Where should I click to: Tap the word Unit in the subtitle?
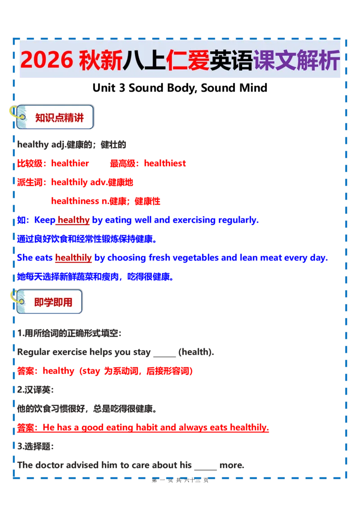click(x=104, y=88)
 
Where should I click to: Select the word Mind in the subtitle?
click(x=253, y=88)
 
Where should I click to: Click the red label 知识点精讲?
click(x=59, y=117)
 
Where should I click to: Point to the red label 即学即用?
click(x=53, y=302)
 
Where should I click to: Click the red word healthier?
click(x=70, y=163)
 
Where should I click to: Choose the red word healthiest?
click(x=165, y=163)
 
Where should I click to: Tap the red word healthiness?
click(x=75, y=201)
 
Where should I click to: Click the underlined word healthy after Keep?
click(x=73, y=220)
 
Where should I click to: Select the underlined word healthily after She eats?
click(x=73, y=258)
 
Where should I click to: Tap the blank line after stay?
click(x=164, y=356)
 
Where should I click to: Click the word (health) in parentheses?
click(x=196, y=352)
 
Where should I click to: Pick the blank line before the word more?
click(x=205, y=469)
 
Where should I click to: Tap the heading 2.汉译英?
click(x=35, y=389)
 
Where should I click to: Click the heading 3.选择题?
click(x=35, y=446)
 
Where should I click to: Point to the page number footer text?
click(x=180, y=480)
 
